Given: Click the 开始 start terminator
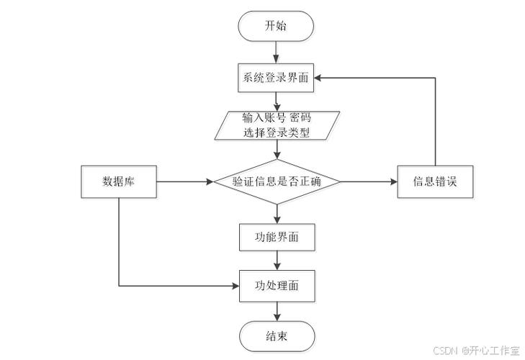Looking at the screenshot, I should point(277,26).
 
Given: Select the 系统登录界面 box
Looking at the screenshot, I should point(277,78).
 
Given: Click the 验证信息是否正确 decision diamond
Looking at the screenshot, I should point(277,181).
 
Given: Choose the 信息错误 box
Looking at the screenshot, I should point(436,181).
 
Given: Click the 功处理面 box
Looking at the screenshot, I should point(277,285).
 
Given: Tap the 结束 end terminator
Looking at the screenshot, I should point(277,336).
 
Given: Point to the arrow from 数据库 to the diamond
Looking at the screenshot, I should point(184,181).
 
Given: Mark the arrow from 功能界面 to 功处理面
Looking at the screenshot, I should point(277,261).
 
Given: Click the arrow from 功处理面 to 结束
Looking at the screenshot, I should point(277,310).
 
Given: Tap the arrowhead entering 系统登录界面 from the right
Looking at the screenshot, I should point(320,78).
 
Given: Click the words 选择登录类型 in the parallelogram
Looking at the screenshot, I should point(277,132).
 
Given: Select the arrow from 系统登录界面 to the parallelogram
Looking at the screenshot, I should point(277,101).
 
